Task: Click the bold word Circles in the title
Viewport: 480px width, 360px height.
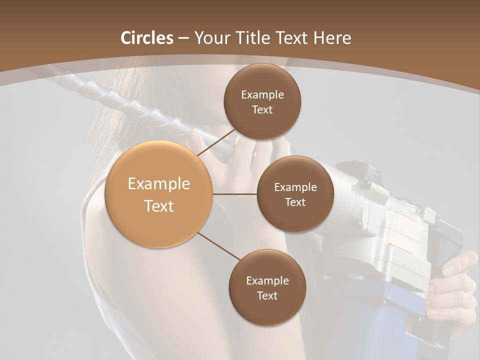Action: point(146,38)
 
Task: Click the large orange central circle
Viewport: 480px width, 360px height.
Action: point(159,194)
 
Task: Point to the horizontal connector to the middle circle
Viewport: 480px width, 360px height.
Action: point(235,194)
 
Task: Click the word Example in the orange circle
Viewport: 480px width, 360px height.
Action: point(159,184)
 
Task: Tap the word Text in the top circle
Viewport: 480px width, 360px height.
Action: point(262,110)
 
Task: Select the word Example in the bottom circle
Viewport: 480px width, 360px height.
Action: point(267,280)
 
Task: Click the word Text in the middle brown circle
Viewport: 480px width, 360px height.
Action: point(295,202)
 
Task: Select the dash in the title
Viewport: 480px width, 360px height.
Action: point(183,38)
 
